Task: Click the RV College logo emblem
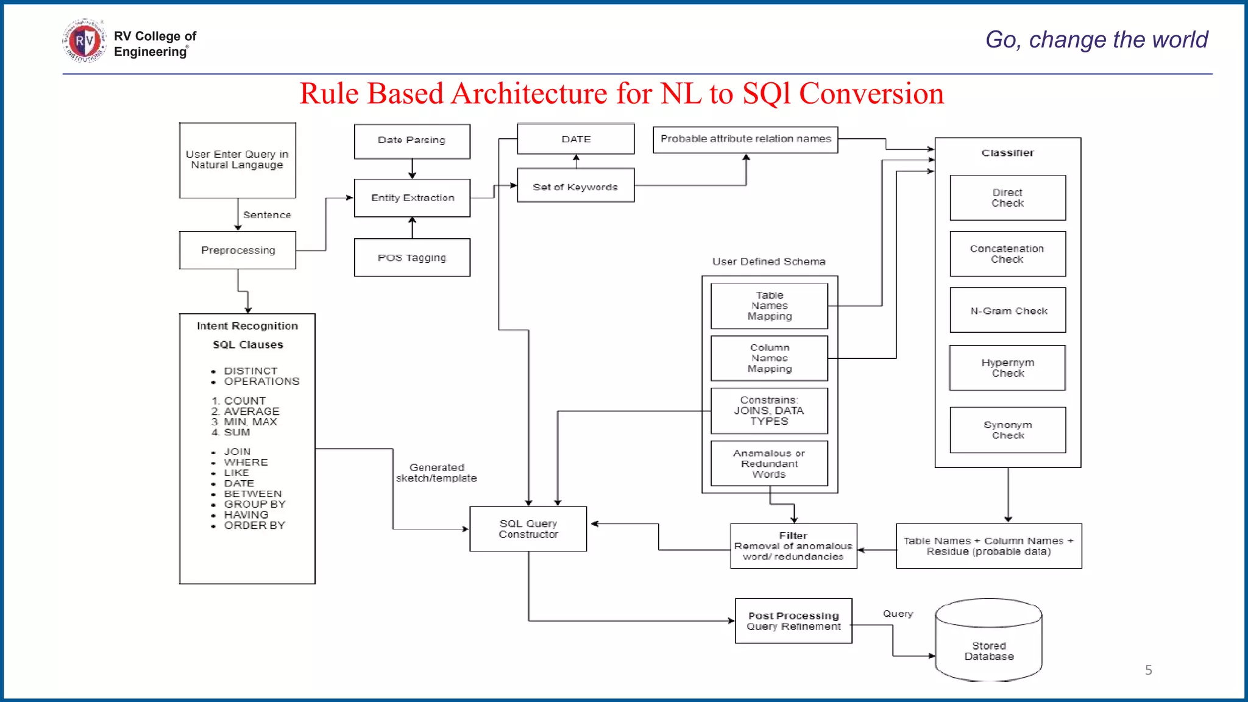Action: point(84,41)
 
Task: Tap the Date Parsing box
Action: point(412,141)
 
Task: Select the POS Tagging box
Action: point(412,258)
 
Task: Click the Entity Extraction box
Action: point(412,198)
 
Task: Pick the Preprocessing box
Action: point(238,250)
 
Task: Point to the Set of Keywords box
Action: point(575,186)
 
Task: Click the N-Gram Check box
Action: point(1008,311)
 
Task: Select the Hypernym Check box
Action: point(1007,368)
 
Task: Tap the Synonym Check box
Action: point(1007,430)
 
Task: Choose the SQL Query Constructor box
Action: point(528,529)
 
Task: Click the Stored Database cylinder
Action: point(988,646)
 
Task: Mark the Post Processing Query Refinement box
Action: point(793,621)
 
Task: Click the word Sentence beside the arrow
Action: point(267,215)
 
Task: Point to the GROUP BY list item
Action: point(254,505)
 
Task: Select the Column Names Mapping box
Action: point(769,358)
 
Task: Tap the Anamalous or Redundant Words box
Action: point(769,464)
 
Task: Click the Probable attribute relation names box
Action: point(745,140)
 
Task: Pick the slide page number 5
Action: point(1148,670)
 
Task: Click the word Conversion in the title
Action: point(871,94)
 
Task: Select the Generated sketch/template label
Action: point(436,473)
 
